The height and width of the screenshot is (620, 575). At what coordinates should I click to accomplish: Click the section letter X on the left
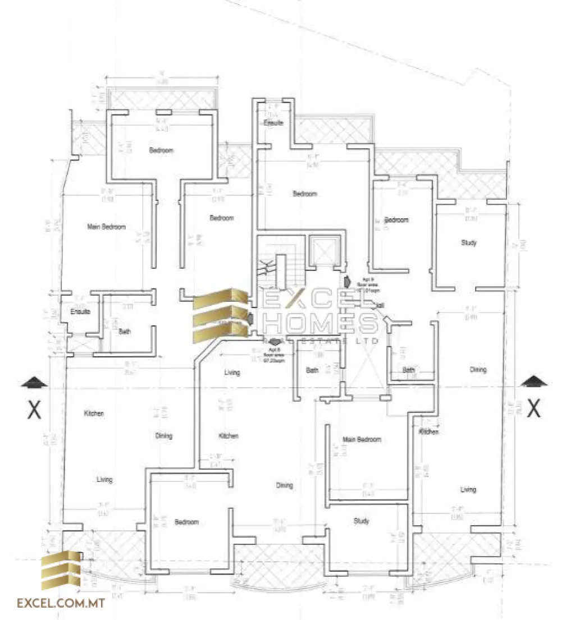pos(34,411)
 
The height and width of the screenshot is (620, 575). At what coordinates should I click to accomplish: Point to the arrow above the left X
pos(35,383)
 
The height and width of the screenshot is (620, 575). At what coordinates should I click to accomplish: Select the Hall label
pos(380,305)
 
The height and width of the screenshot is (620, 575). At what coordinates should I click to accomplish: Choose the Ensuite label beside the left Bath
pos(81,311)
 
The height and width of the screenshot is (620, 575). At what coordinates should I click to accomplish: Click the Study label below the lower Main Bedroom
pos(362,521)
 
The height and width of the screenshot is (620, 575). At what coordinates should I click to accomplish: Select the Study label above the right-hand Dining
pos(469,243)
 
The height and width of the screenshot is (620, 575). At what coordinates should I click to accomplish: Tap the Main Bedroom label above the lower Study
pos(362,439)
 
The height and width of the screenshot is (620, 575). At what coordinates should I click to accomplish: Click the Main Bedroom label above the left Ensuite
pos(106,227)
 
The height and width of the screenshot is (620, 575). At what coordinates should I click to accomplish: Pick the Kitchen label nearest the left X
pos(94,414)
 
